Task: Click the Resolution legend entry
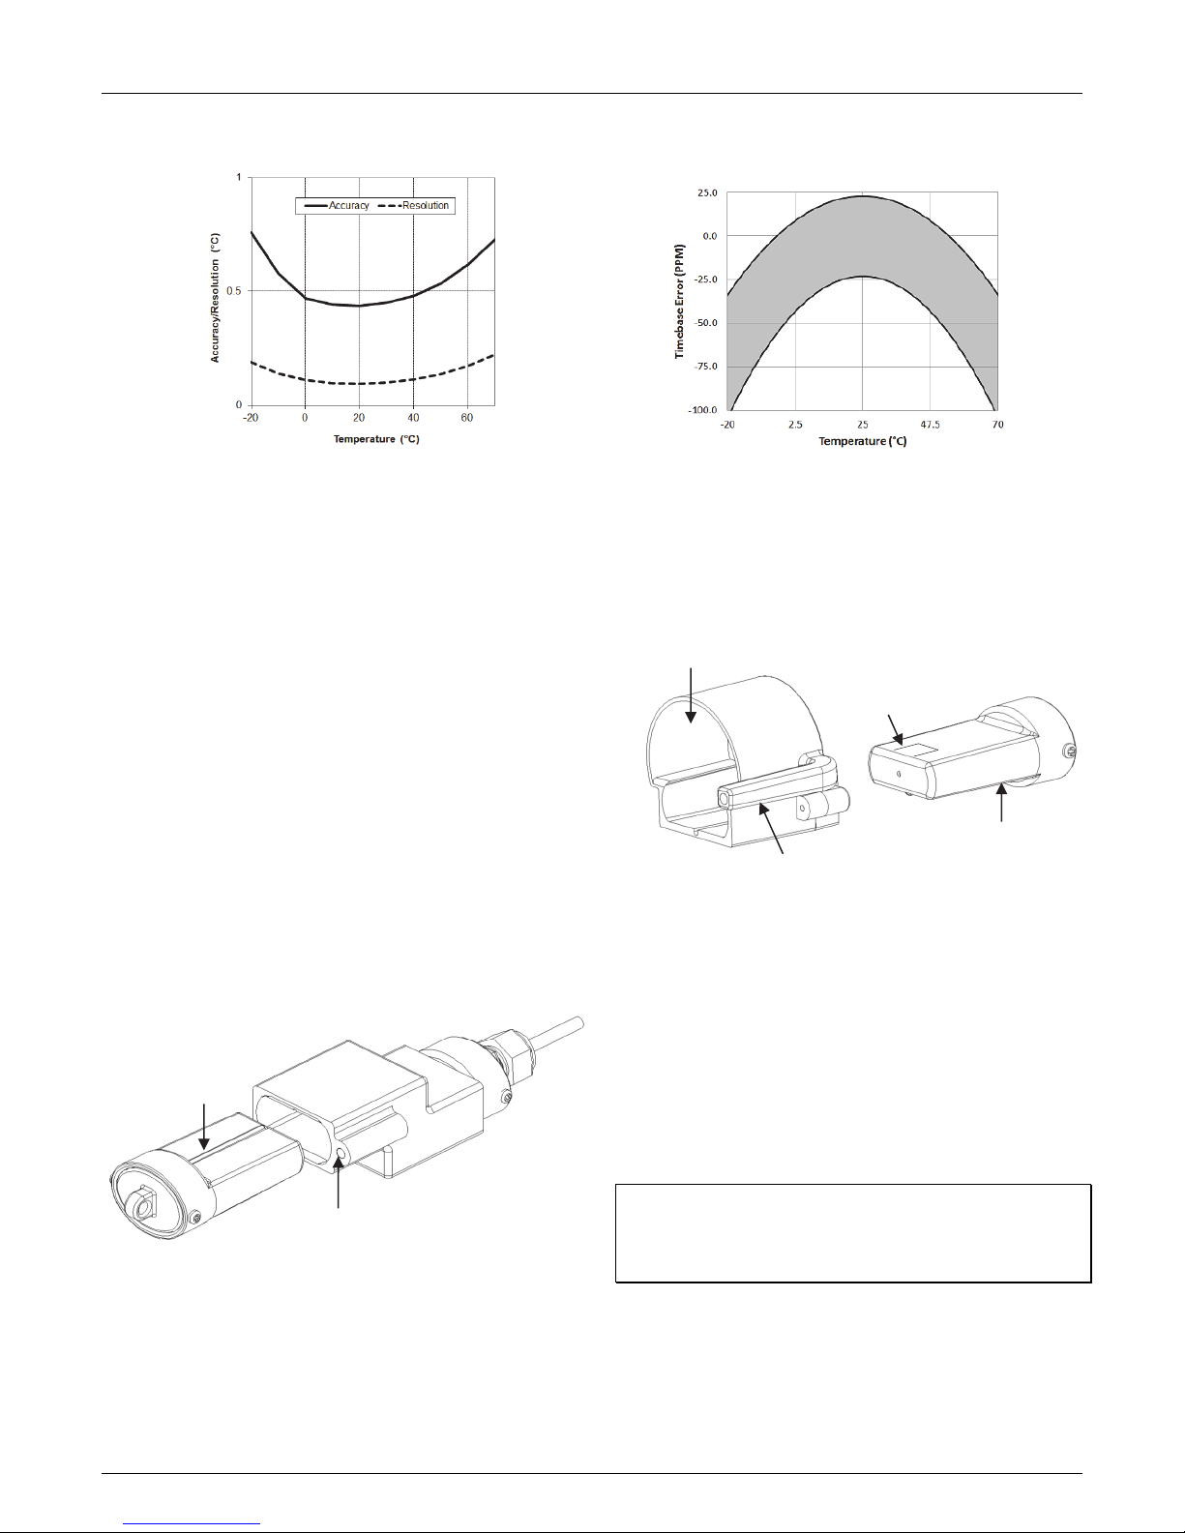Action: click(x=414, y=205)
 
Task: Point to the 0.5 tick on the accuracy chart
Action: click(x=233, y=291)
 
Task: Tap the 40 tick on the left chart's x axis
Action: click(x=413, y=418)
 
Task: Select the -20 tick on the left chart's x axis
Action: click(x=251, y=418)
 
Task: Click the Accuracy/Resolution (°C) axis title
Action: click(x=215, y=298)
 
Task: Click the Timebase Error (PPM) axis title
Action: click(x=679, y=301)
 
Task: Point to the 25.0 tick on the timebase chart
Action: click(x=707, y=192)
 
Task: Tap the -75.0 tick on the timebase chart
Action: click(x=705, y=367)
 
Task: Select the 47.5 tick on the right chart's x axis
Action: click(x=930, y=425)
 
